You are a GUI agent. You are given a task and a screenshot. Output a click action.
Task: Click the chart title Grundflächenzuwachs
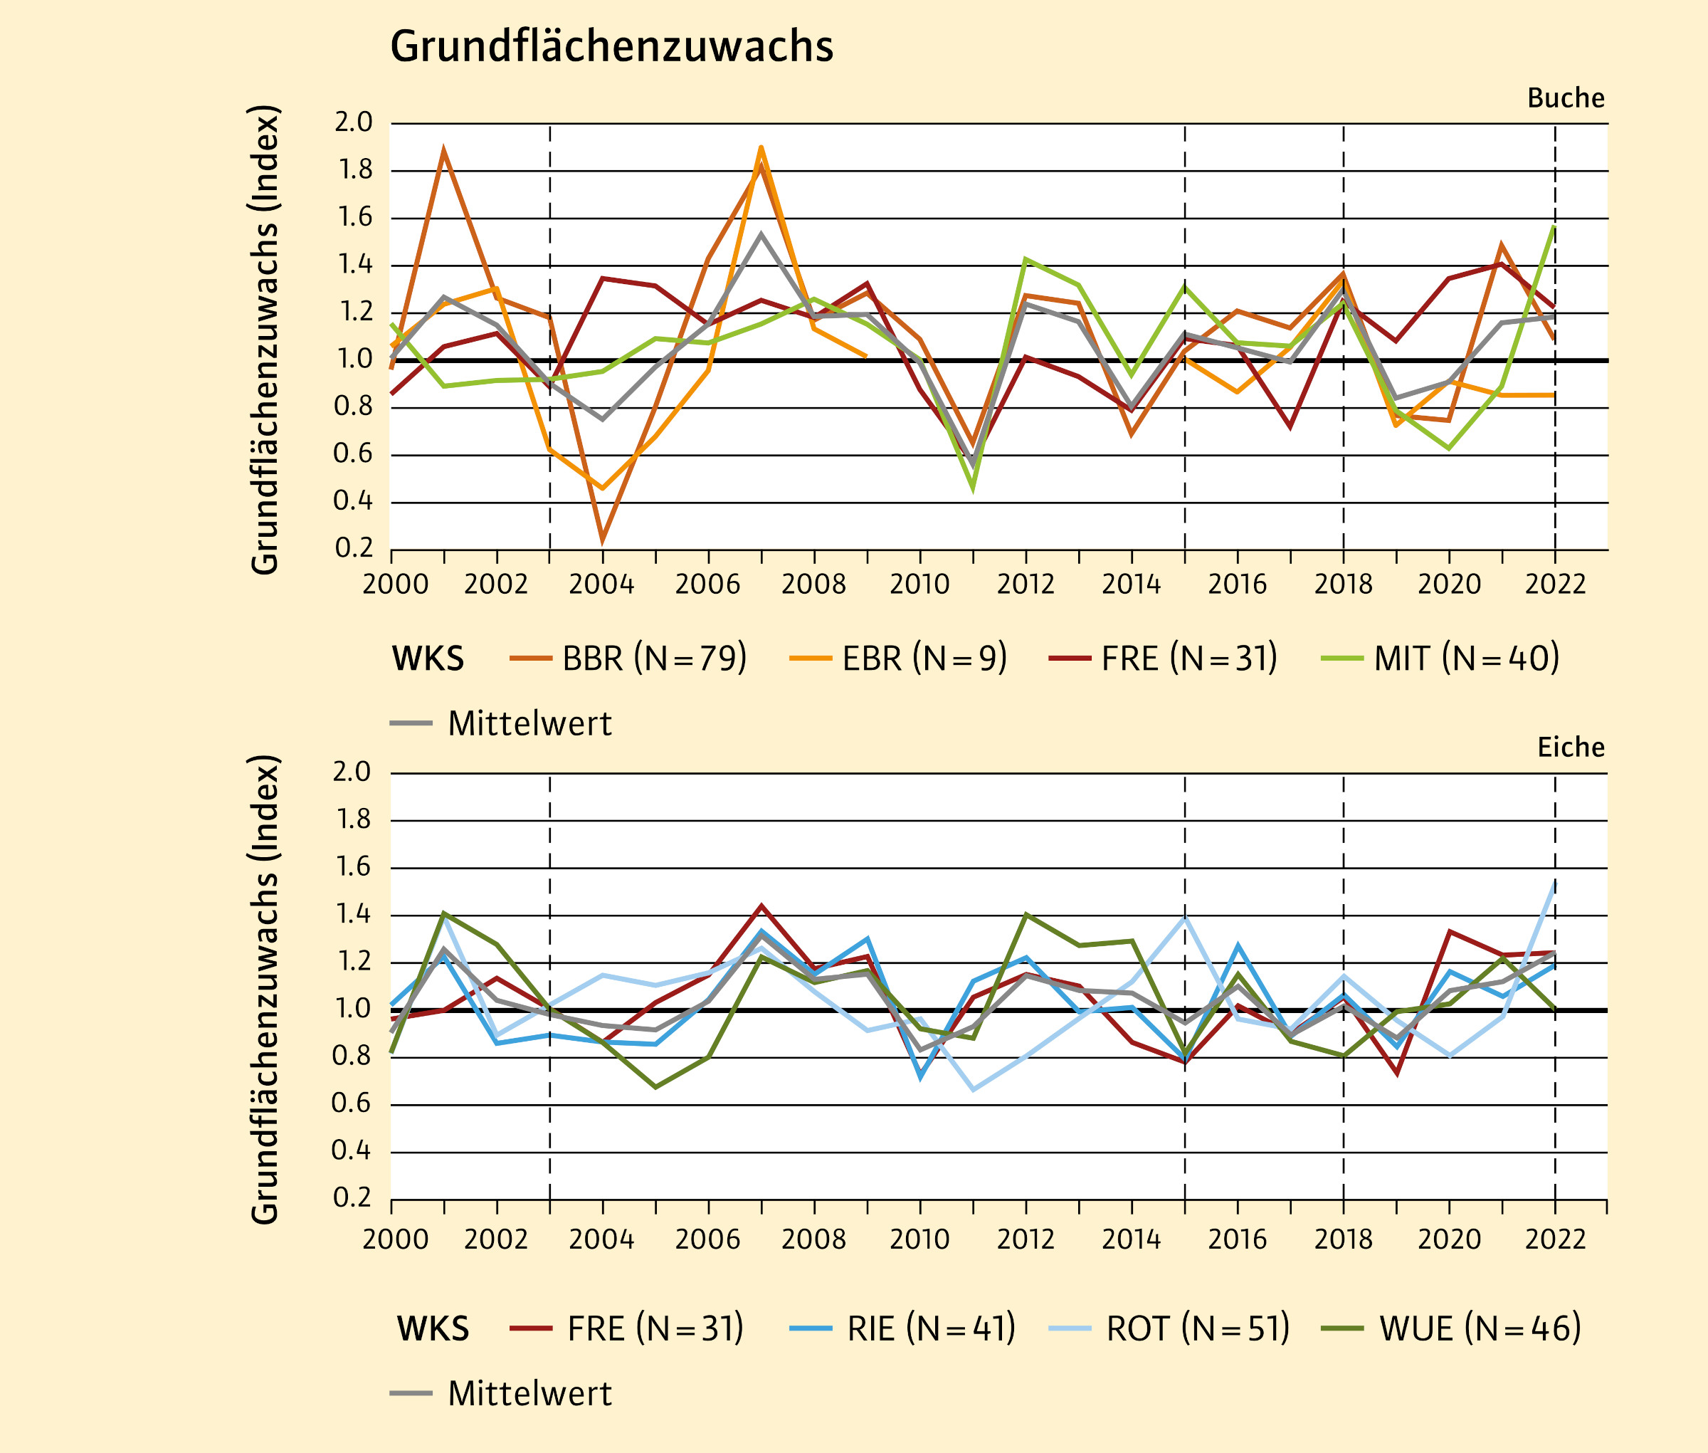(611, 46)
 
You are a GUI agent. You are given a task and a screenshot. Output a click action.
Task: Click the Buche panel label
(1566, 98)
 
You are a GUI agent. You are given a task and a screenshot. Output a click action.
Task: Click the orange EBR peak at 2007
(761, 148)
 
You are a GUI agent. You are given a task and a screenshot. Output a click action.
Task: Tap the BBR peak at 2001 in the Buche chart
(444, 151)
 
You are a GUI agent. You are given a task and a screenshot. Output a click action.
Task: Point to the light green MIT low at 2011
(974, 488)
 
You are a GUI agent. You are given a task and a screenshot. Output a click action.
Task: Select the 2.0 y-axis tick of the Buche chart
(353, 122)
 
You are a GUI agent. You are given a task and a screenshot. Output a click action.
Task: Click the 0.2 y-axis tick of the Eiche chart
(353, 1197)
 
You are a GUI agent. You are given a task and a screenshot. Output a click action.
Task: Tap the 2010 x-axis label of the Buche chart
(919, 584)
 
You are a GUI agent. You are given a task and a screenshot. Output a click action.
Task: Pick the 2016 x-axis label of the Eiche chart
(1237, 1239)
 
